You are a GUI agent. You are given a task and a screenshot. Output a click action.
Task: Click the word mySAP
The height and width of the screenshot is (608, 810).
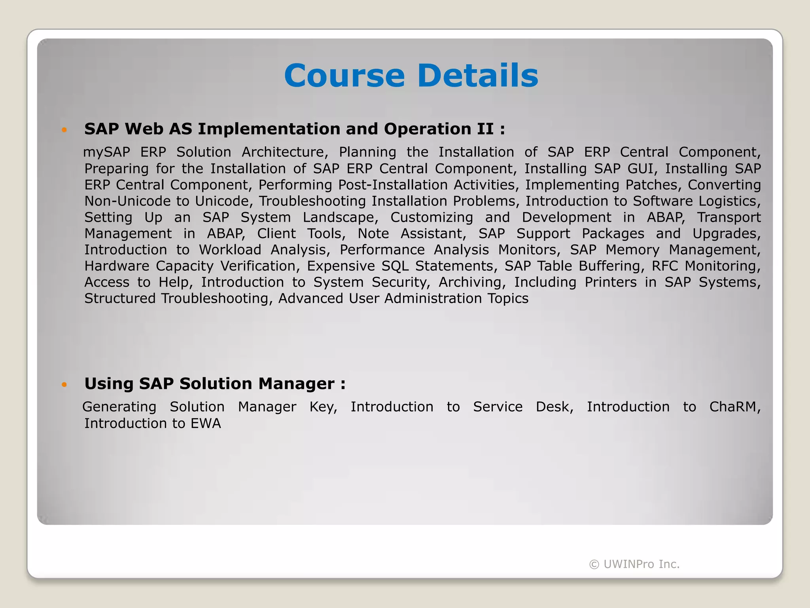point(106,152)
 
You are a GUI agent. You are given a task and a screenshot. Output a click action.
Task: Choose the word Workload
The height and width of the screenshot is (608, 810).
point(230,250)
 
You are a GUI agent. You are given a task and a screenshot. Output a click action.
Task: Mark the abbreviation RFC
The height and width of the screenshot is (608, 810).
point(665,266)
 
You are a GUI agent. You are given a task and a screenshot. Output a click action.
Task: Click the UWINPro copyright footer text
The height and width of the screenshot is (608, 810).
point(634,564)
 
